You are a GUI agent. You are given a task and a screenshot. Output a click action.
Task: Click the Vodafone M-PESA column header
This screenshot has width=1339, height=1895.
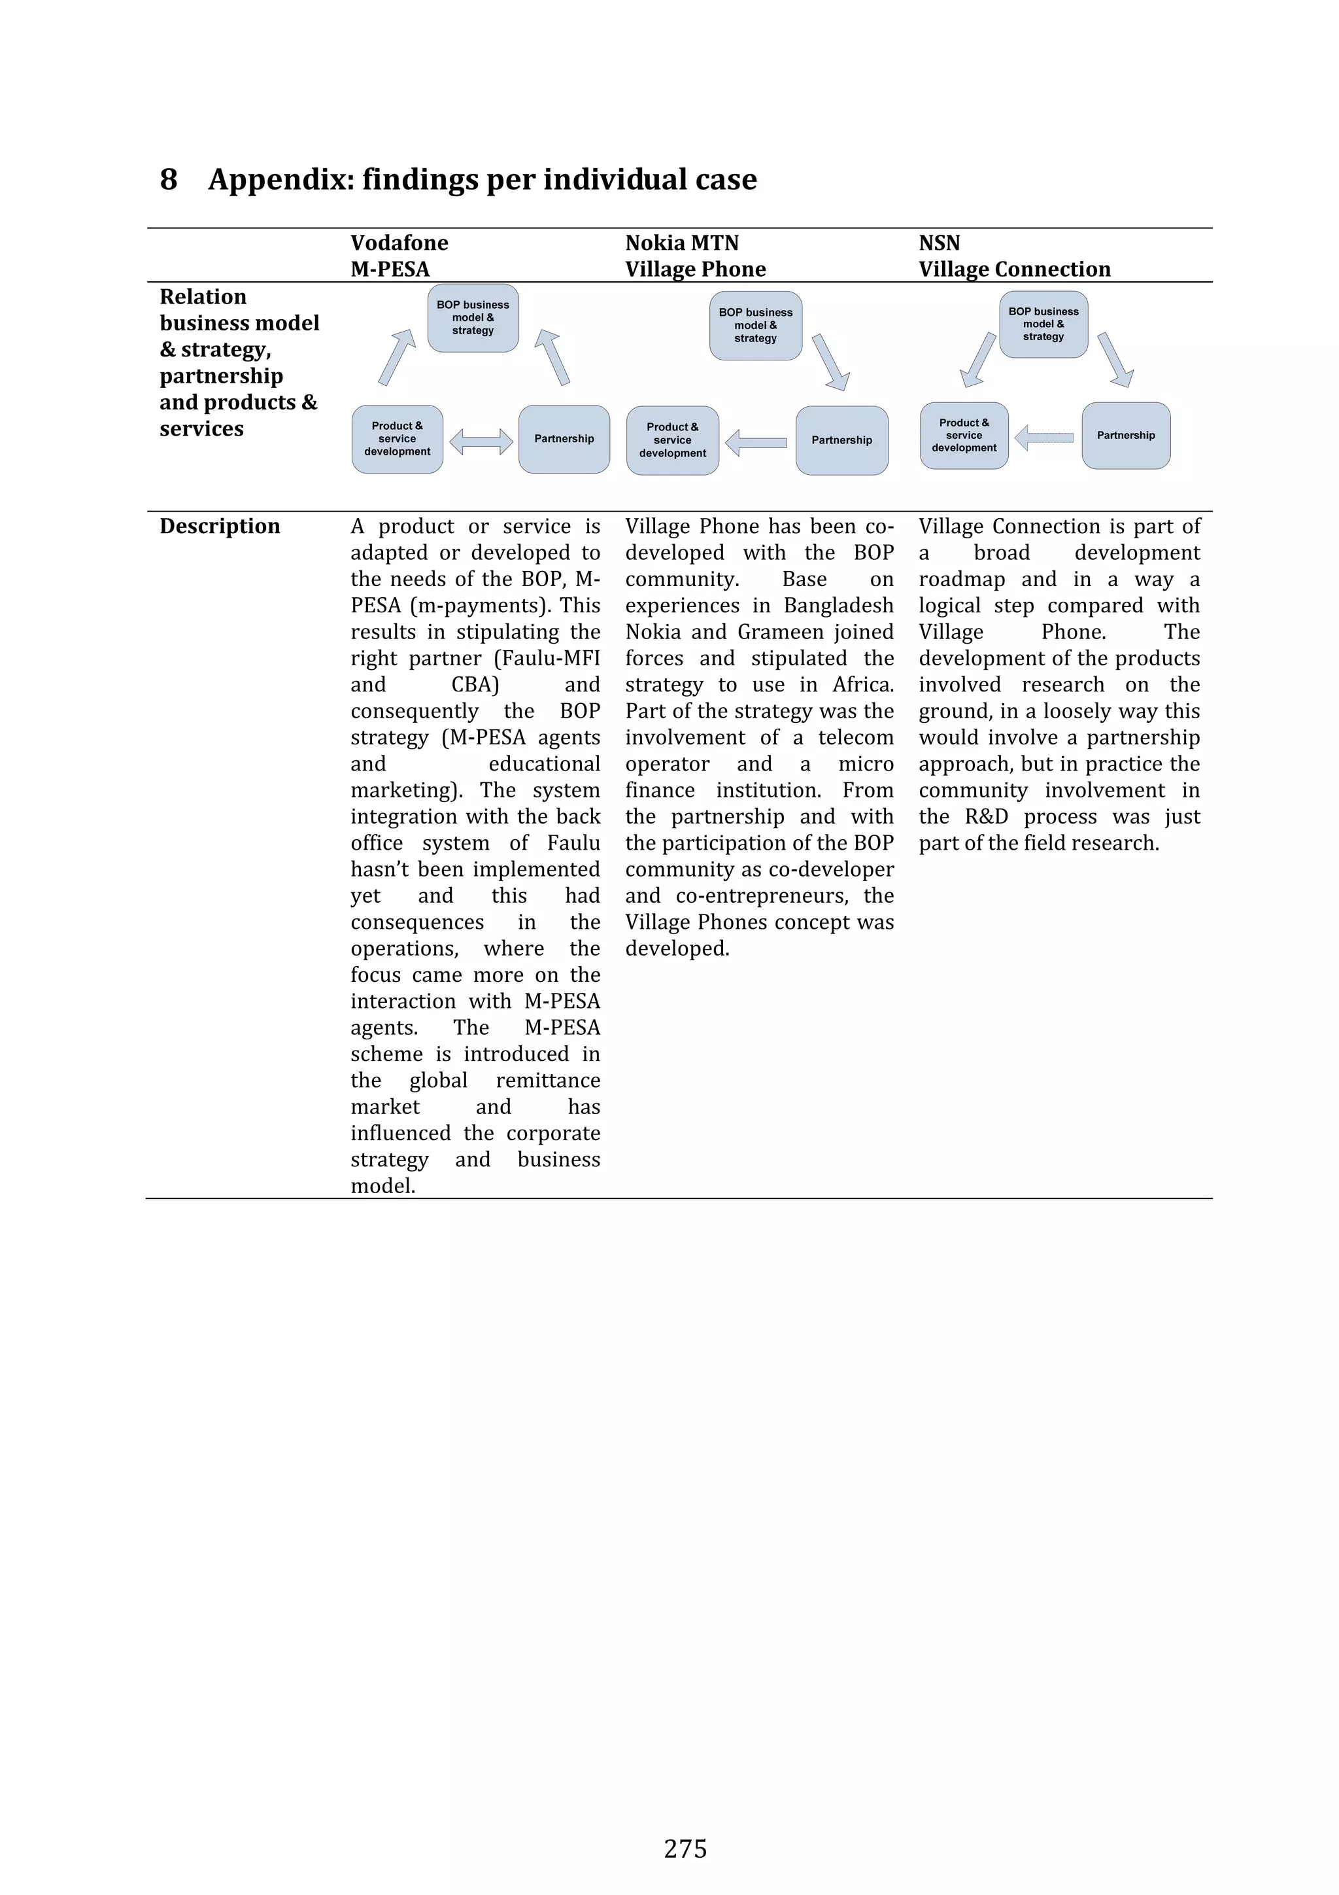point(399,256)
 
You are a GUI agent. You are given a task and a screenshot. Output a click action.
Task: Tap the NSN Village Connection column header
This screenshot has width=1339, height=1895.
point(1014,256)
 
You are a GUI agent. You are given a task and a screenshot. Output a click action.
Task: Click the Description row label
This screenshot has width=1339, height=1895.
point(220,527)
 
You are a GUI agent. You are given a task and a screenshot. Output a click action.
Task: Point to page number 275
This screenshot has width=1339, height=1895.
point(685,1849)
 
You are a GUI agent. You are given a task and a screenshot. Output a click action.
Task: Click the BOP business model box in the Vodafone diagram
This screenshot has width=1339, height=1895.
point(473,318)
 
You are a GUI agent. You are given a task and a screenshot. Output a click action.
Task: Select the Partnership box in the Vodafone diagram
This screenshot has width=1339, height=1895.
point(564,439)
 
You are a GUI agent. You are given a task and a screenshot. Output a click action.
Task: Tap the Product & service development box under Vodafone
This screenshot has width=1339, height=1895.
point(397,439)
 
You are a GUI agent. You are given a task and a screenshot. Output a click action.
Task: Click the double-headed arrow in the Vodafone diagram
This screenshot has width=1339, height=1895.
point(481,442)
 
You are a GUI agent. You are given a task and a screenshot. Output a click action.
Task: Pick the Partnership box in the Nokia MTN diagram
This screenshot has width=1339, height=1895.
point(841,441)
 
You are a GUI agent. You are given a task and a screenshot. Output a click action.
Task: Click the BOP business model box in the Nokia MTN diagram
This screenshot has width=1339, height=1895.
point(755,325)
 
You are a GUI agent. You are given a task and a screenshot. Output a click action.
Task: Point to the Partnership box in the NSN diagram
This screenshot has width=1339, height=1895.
point(1125,436)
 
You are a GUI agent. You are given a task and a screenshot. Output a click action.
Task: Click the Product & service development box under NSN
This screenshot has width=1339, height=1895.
point(964,436)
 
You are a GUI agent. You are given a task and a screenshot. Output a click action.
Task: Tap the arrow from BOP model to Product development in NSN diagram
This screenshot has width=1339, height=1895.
point(979,360)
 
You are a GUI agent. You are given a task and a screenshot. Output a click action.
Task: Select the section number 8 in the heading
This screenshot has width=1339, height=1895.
point(168,180)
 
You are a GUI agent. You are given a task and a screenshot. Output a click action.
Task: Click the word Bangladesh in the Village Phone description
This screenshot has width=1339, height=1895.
point(838,606)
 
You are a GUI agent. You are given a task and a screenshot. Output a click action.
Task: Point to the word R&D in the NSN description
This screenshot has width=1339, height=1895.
point(986,817)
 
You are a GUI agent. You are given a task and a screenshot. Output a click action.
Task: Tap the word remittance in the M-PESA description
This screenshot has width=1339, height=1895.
point(548,1081)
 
